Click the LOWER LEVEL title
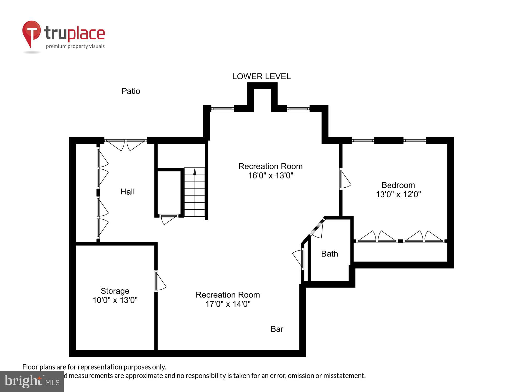point(261,76)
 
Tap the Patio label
point(131,91)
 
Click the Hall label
point(127,192)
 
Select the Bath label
point(329,254)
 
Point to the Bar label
point(277,329)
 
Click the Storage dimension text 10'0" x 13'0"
point(115,300)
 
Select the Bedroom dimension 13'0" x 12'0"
point(398,194)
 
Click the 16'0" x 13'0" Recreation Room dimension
point(270,175)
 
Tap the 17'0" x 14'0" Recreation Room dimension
point(228,304)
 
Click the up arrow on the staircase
point(195,172)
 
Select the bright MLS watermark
point(32,382)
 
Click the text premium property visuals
point(75,46)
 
